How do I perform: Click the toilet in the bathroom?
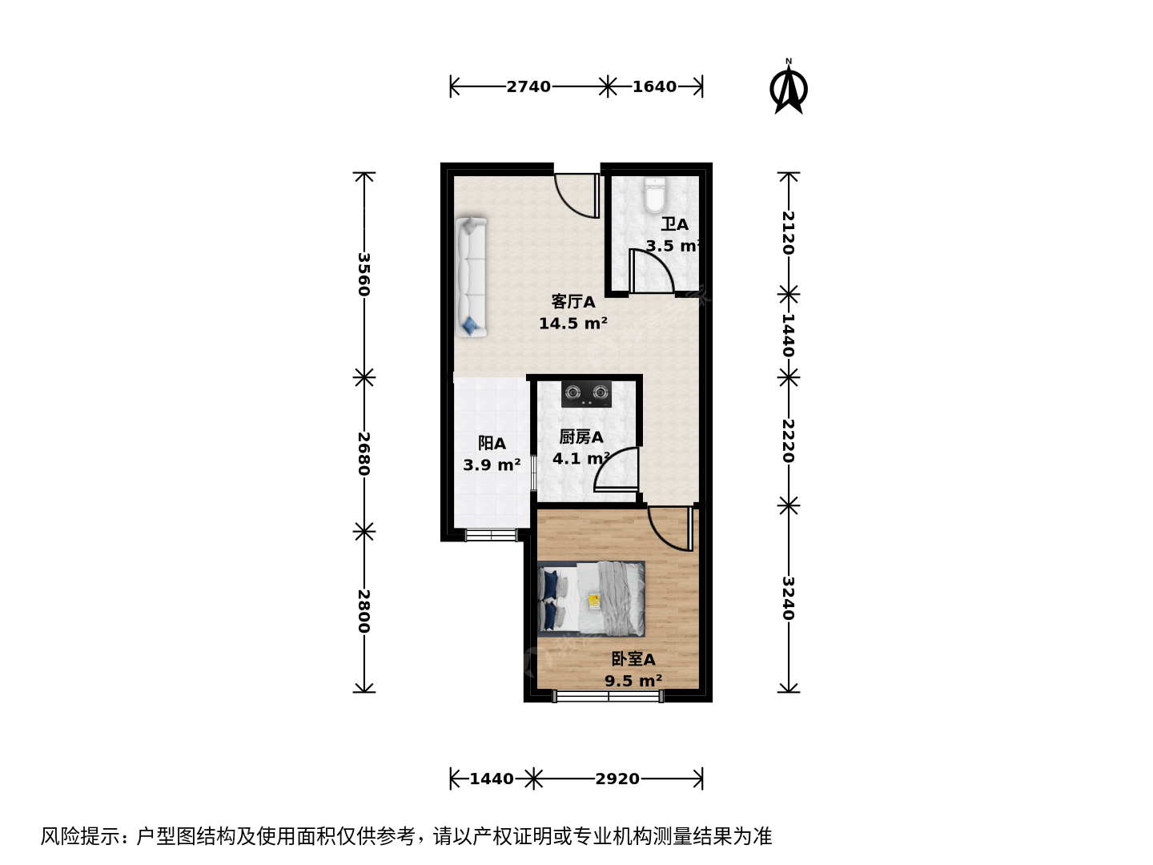click(654, 195)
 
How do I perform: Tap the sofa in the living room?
click(471, 277)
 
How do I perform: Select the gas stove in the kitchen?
click(586, 394)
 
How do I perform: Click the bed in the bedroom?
click(591, 599)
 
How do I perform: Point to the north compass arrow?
click(788, 86)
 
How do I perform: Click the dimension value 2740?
click(528, 86)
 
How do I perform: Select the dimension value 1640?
click(654, 86)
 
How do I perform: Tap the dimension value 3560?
click(364, 275)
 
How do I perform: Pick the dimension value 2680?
click(364, 454)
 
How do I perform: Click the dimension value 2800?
click(364, 611)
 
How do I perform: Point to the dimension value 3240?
click(788, 598)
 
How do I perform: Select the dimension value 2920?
click(617, 778)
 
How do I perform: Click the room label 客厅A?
click(573, 302)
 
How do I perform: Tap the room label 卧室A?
click(633, 659)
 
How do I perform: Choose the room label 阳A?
click(492, 443)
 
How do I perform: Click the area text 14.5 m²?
click(573, 323)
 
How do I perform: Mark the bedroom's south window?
click(609, 697)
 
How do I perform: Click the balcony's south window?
click(491, 535)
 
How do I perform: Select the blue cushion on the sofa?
click(469, 324)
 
